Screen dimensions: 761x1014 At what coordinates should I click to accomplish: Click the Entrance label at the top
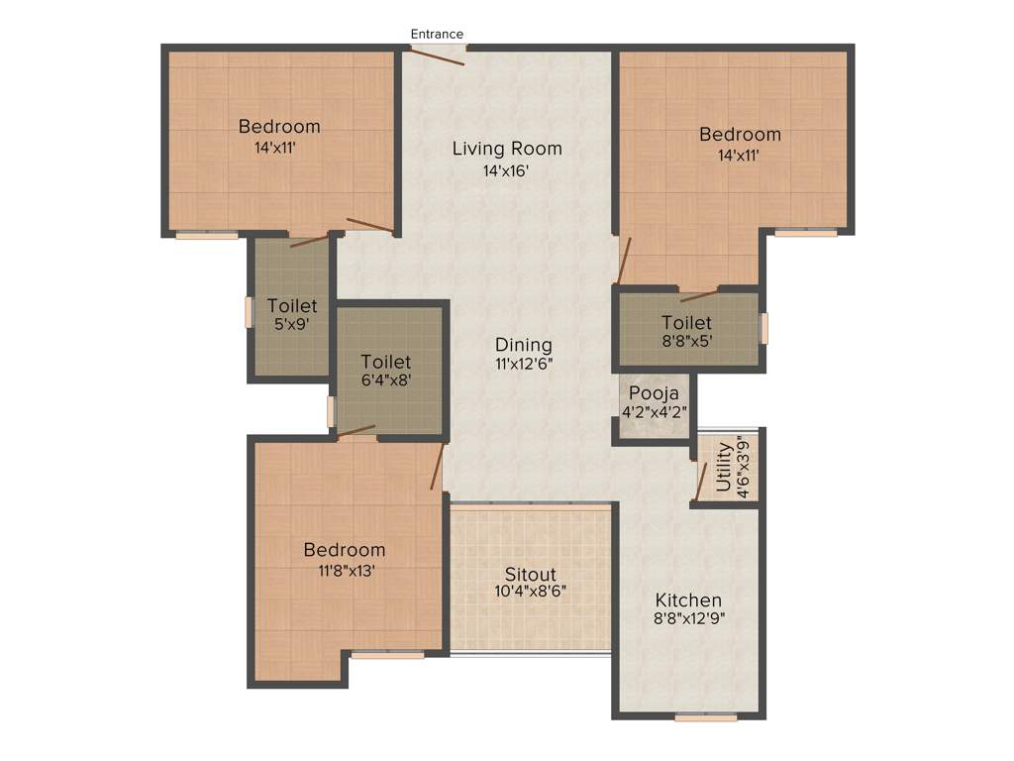437,34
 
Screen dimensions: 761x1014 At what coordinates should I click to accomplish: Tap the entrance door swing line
436,56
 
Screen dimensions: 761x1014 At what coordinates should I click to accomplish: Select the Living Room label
507,149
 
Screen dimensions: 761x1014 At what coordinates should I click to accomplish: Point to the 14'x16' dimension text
506,170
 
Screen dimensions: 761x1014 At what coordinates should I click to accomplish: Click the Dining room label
524,345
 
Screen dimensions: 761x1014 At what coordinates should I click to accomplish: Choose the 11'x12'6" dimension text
524,364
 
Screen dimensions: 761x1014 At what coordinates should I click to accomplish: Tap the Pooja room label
653,392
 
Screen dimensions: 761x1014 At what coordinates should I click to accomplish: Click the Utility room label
724,467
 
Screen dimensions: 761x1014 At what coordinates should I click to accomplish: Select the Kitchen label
688,600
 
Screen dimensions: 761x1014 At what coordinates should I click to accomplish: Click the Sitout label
531,575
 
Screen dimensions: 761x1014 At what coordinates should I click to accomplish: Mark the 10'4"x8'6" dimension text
531,592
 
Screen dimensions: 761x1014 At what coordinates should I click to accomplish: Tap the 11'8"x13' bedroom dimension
345,570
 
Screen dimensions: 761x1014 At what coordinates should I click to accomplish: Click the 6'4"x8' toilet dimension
386,381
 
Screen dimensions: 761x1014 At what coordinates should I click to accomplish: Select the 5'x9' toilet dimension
292,324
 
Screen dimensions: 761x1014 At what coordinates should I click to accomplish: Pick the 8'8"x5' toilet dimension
686,342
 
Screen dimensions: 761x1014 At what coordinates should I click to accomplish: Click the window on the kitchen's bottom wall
706,716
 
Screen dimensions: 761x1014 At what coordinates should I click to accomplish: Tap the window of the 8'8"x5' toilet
763,328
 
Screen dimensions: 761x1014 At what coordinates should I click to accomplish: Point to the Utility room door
701,481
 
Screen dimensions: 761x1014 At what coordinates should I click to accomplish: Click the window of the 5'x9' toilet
250,311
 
